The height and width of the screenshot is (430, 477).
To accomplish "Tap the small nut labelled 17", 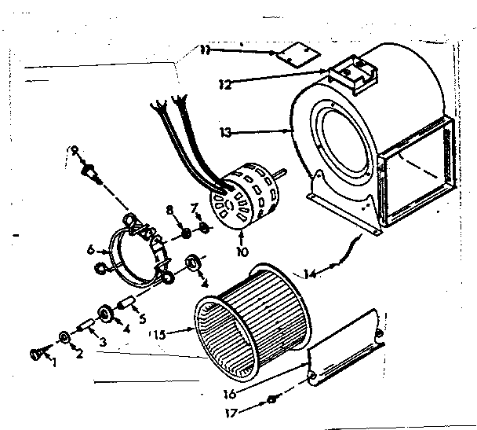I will [x=271, y=400].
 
